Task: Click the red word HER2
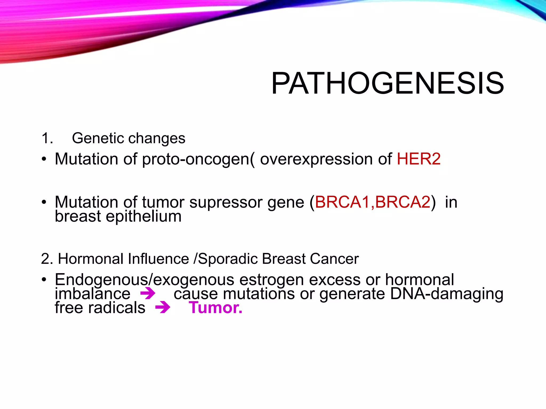[419, 159]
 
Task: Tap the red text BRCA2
[403, 202]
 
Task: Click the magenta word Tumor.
[215, 308]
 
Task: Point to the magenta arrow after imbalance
[148, 294]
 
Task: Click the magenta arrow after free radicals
[163, 308]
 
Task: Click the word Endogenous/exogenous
[144, 280]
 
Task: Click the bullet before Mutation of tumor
[44, 202]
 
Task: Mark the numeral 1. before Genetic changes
[47, 138]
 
